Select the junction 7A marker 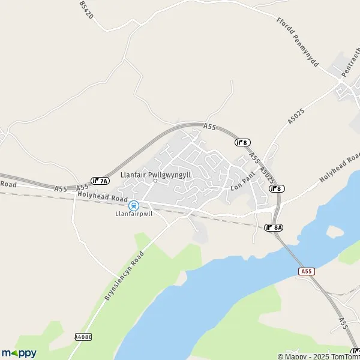point(100,181)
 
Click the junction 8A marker point(274,227)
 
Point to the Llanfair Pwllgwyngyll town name point(155,174)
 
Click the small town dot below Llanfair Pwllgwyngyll point(155,181)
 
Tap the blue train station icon point(134,205)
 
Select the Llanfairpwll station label point(134,213)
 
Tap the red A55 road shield point(307,272)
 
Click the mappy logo point(19,353)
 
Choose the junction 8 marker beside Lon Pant point(277,188)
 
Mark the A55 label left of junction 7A point(61,188)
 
